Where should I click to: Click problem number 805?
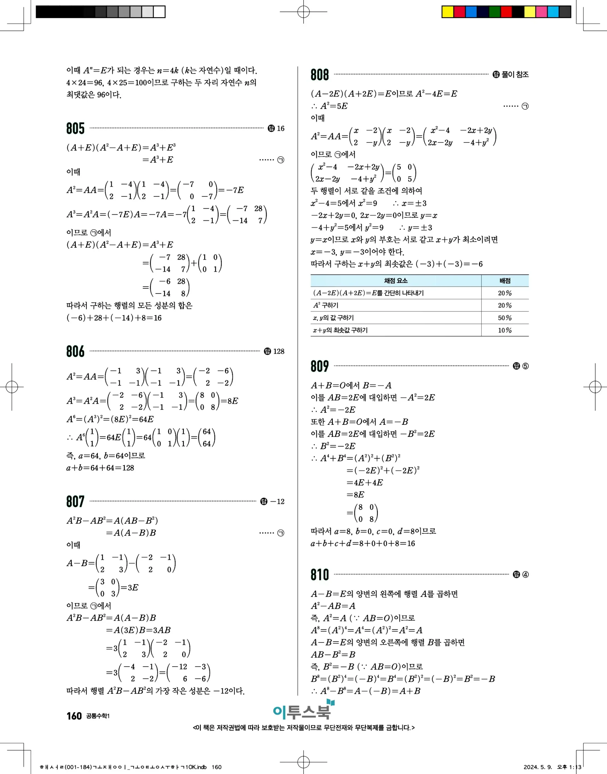tap(75, 128)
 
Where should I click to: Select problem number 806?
tap(75, 351)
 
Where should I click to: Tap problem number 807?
tap(75, 502)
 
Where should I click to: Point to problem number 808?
tap(320, 75)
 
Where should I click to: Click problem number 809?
tap(320, 366)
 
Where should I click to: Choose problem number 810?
tap(320, 574)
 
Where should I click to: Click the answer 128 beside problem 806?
tap(279, 351)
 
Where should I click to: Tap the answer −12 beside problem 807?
tap(277, 502)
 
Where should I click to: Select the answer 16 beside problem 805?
tap(281, 128)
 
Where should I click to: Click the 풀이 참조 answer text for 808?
tap(515, 74)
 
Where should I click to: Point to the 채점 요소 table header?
tap(396, 281)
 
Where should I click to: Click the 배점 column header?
tap(505, 281)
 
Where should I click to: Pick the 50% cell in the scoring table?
tap(505, 318)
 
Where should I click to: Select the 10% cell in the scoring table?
tap(505, 330)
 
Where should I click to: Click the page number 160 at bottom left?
tap(74, 716)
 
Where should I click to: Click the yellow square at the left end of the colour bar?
tap(448, 12)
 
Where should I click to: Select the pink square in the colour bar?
tap(541, 12)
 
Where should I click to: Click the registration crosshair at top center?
tap(303, 12)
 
